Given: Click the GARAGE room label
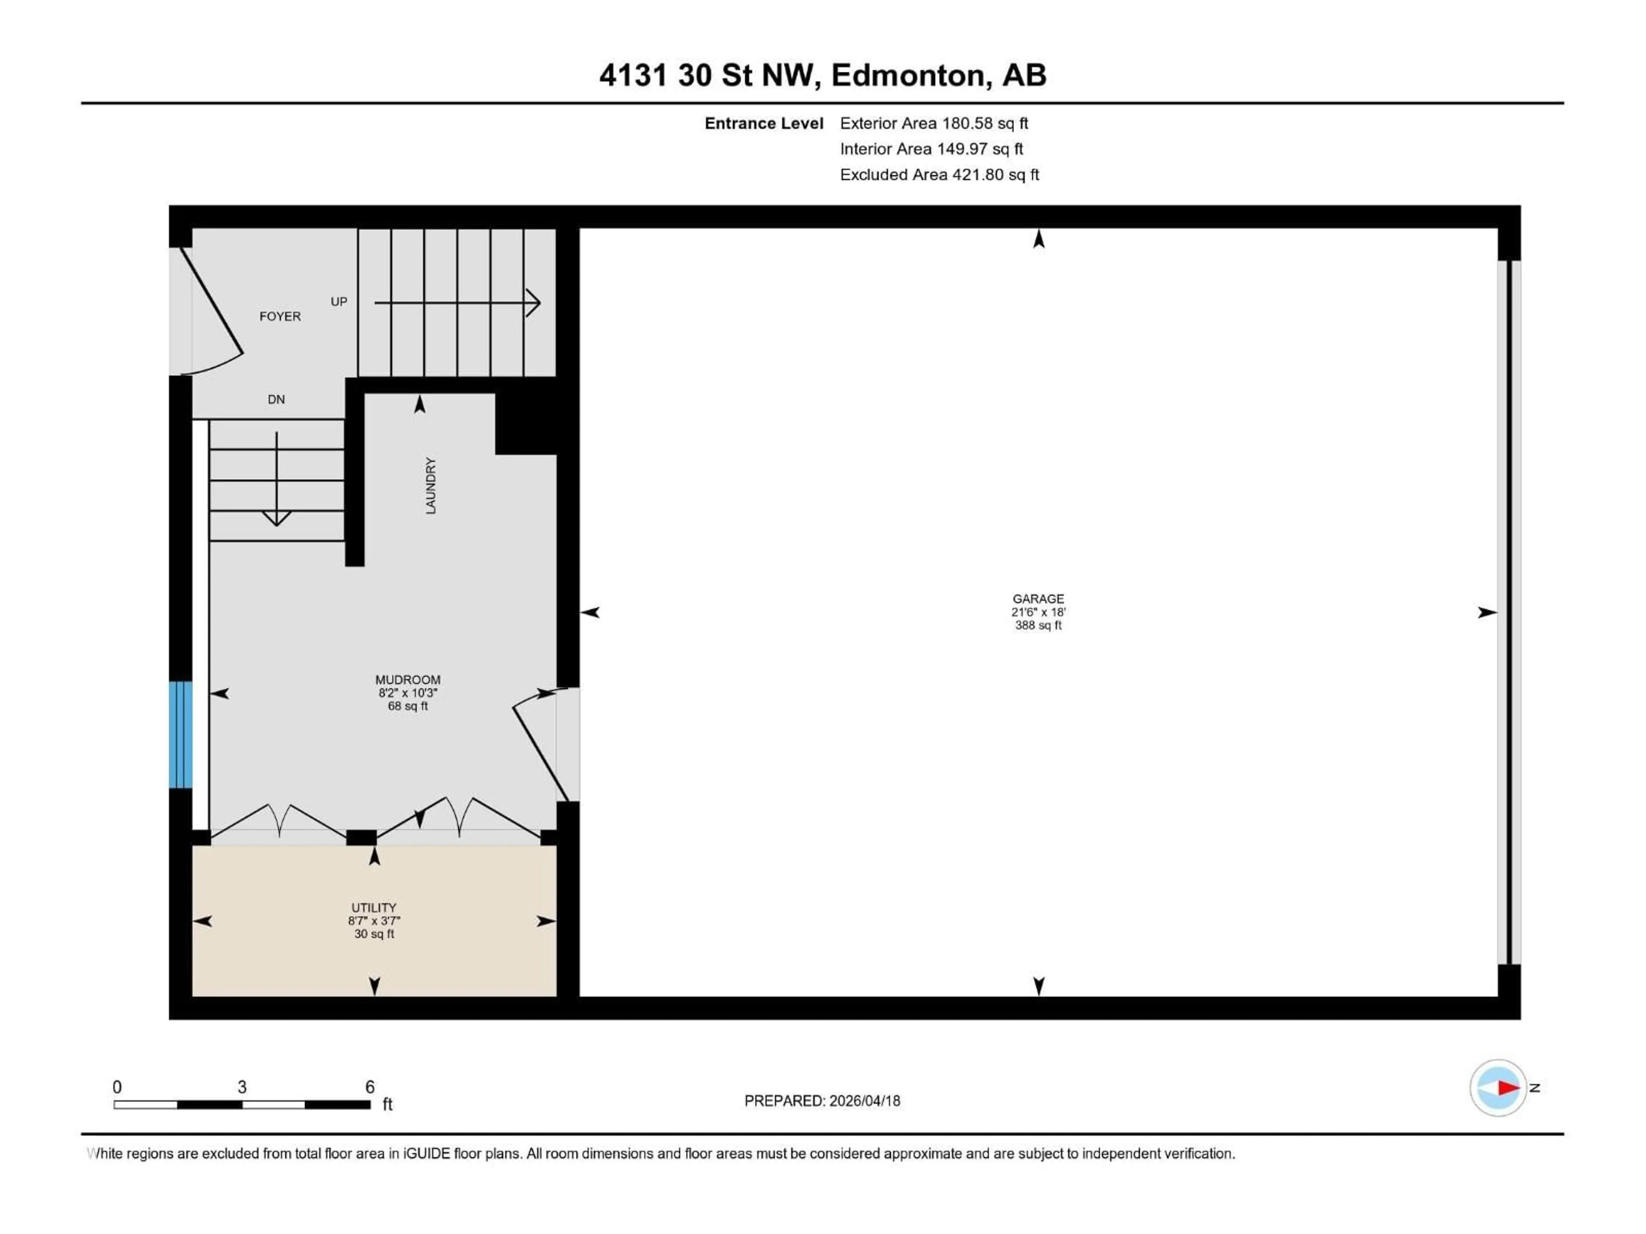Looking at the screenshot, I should [1038, 599].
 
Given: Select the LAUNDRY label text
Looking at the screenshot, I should [430, 486].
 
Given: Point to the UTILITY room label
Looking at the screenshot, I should [373, 908].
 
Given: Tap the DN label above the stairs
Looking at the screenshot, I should [276, 399].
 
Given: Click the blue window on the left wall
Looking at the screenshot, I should [181, 734].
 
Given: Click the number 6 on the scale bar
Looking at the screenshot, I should [370, 1087].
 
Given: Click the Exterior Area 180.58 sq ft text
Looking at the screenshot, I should [934, 123].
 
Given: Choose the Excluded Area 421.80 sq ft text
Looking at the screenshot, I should [939, 175].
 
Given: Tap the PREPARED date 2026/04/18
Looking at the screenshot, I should [822, 1101].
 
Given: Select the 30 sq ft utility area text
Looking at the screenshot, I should [373, 934].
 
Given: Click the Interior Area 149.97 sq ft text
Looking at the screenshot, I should [931, 149].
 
